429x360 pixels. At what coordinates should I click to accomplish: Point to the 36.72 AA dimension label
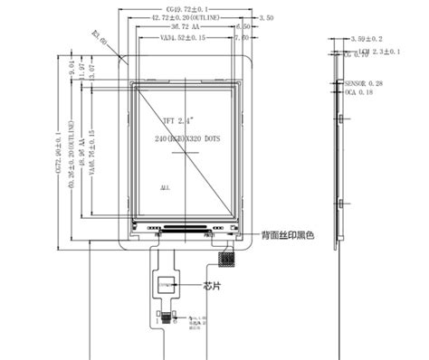tap(192, 28)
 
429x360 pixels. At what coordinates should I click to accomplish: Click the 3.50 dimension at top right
tap(266, 18)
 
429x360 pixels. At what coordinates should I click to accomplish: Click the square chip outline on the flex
tap(166, 284)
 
